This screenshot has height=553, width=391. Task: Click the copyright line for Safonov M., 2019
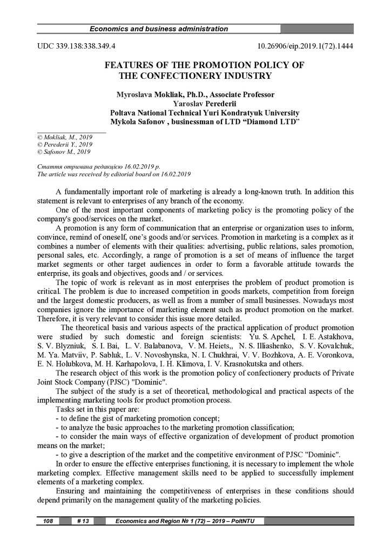pos(64,152)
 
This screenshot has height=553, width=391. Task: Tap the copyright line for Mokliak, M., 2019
pos(65,138)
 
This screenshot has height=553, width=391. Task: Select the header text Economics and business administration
pos(158,29)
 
